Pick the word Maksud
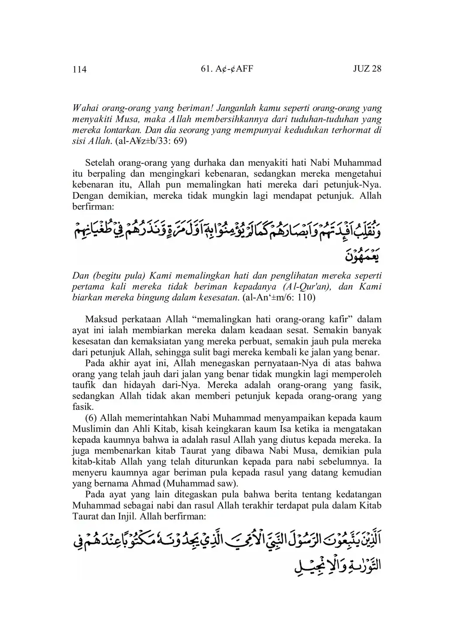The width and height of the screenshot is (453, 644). [x=100, y=319]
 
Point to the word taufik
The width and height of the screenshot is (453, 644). [x=83, y=385]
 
